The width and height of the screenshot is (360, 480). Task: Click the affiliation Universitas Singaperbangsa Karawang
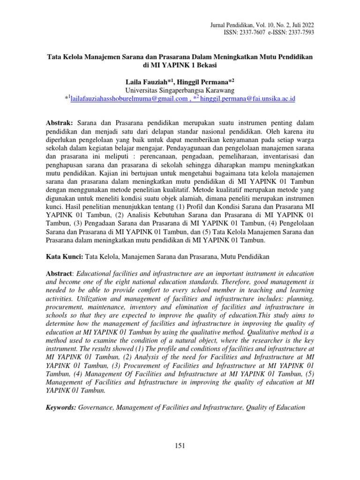[x=180, y=90]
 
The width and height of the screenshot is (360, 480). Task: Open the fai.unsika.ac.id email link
[x=251, y=99]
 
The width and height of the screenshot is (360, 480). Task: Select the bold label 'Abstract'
[x=59, y=273]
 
